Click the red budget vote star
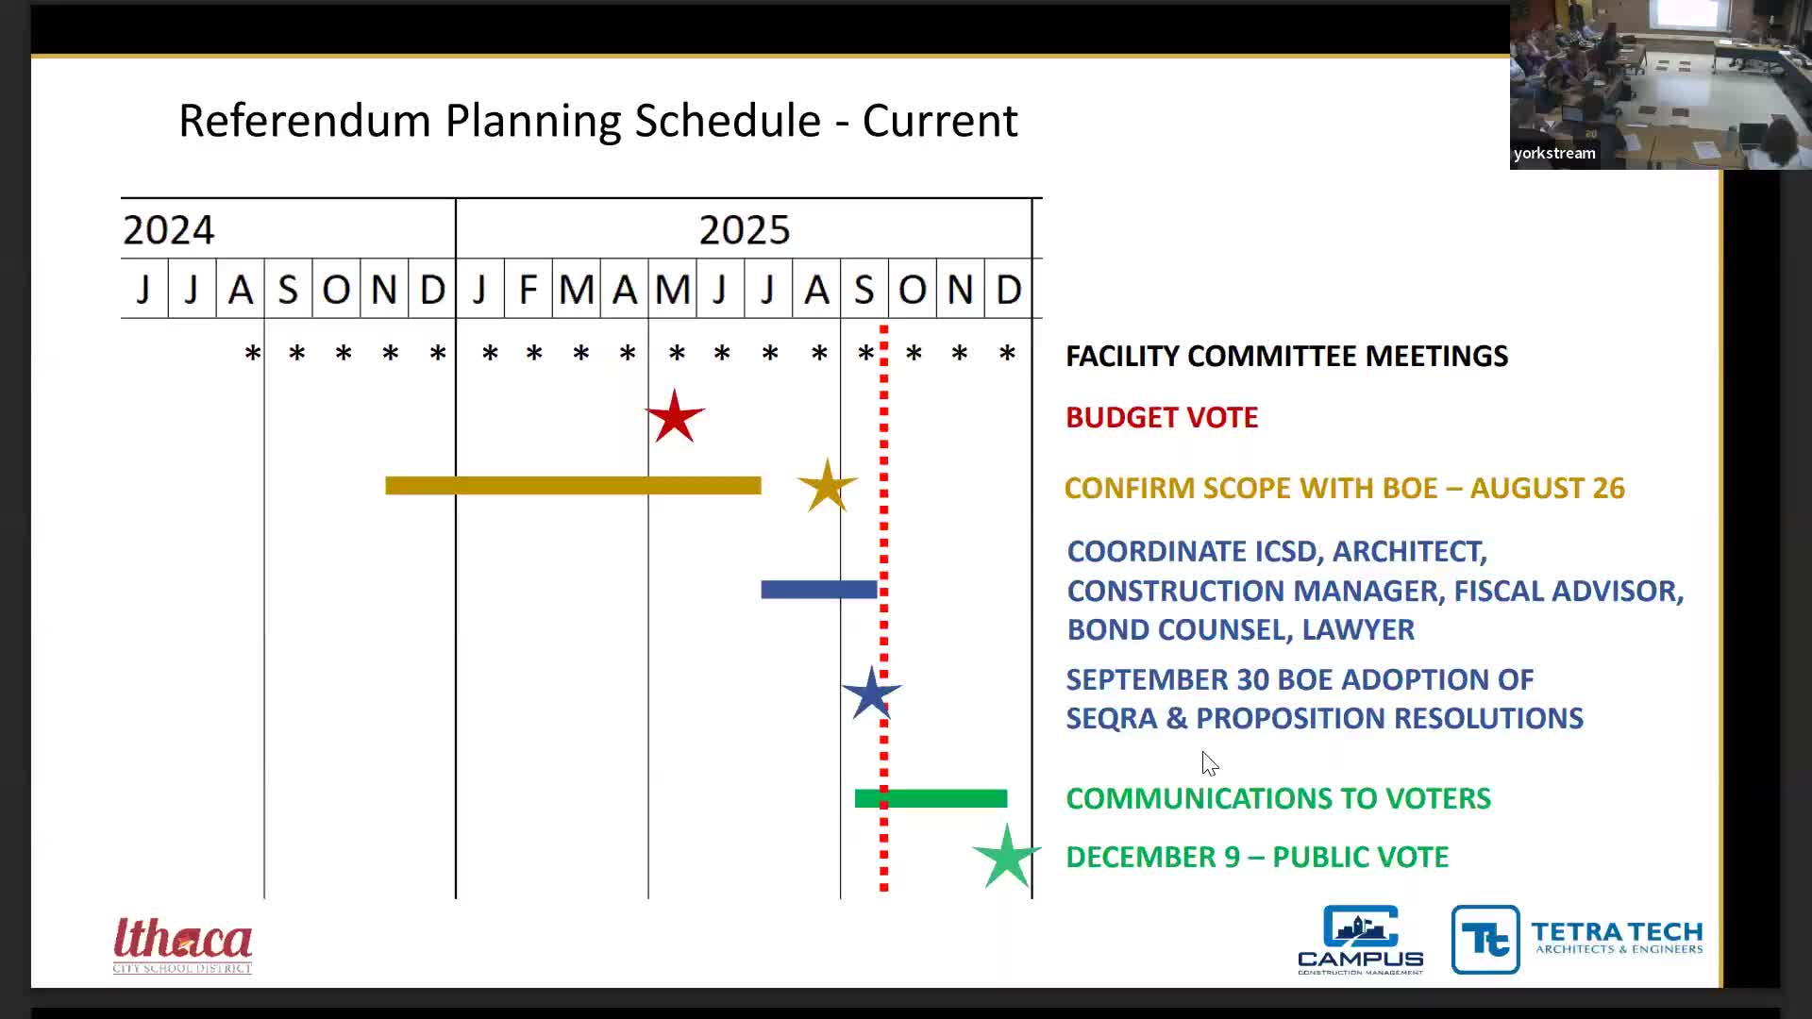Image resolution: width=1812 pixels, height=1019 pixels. tap(675, 417)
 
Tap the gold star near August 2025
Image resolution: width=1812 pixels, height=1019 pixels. tap(827, 487)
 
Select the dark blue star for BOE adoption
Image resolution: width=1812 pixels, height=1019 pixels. tap(870, 694)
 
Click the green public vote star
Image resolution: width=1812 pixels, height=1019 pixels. tap(1006, 857)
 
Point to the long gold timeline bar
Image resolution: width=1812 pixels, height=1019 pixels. tap(573, 486)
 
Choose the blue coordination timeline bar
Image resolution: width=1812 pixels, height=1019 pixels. tap(818, 590)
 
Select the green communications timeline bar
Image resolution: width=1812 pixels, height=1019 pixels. tap(931, 799)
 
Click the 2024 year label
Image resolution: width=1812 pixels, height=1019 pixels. tap(169, 230)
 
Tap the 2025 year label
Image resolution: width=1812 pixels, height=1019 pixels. tap(744, 230)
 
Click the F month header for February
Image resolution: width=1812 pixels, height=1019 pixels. tap(528, 289)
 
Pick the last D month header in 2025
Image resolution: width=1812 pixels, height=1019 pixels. tap(1008, 289)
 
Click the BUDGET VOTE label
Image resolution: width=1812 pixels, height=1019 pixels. tap(1162, 418)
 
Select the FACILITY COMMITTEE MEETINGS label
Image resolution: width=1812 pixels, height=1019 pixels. tap(1286, 357)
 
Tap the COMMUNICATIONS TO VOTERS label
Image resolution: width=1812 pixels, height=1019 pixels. tap(1278, 799)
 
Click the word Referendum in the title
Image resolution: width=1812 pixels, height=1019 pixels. tap(304, 121)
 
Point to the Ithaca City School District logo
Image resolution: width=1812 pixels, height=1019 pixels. tap(183, 944)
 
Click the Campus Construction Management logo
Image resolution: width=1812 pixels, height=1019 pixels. tap(1360, 940)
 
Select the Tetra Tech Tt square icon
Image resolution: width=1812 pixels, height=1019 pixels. tap(1485, 940)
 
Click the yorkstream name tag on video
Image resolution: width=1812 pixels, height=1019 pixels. tap(1554, 154)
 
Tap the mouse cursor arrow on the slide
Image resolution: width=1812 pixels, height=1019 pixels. tap(1210, 763)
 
